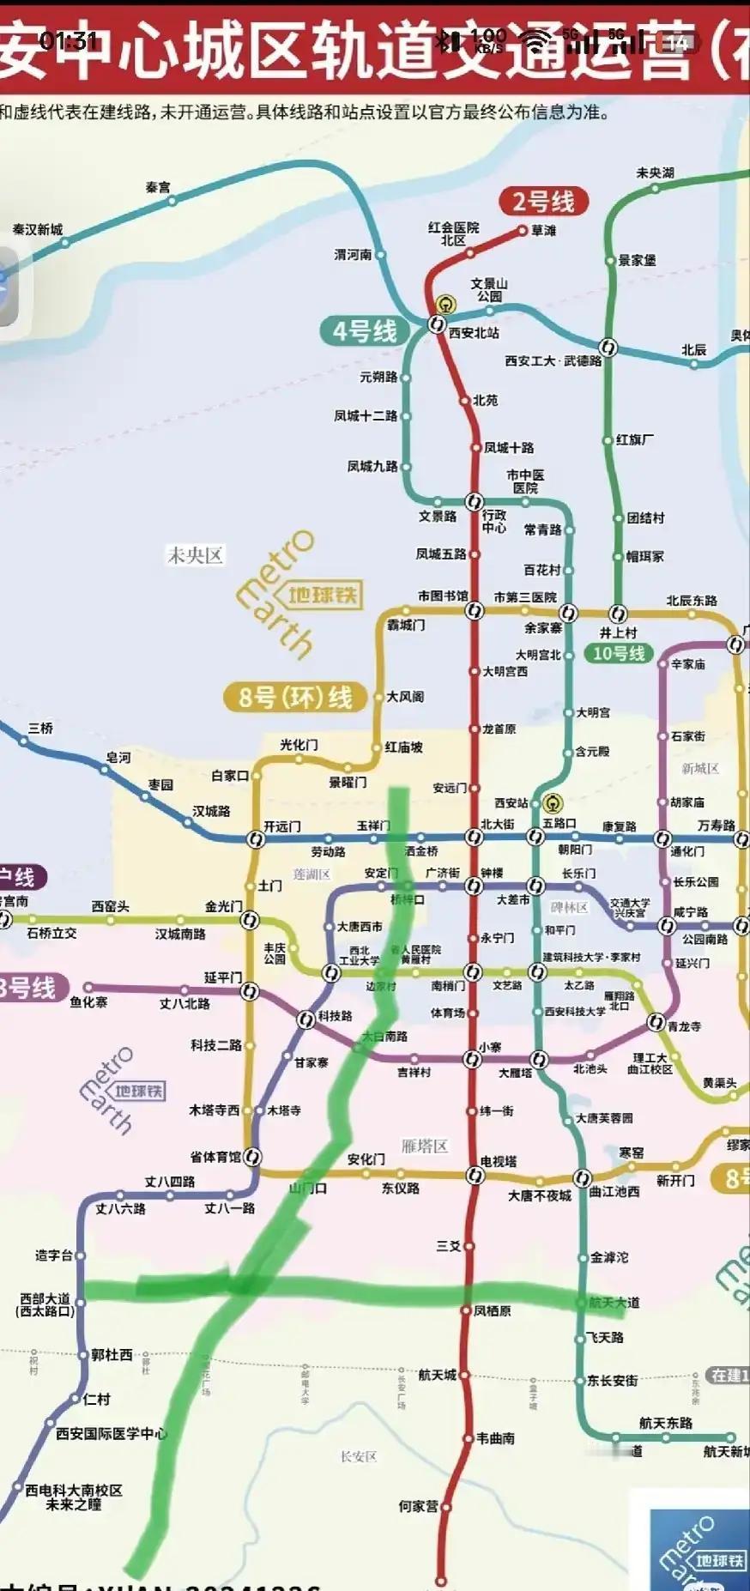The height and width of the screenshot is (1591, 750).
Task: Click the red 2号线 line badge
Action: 543,202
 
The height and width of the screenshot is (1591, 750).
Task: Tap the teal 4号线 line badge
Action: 365,330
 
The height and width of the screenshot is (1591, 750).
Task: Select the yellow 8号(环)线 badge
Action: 295,697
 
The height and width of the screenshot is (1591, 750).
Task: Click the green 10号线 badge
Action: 619,653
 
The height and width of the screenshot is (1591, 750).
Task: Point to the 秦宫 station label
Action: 158,186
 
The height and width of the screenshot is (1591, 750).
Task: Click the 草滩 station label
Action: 544,230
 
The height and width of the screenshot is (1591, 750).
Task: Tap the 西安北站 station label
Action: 474,333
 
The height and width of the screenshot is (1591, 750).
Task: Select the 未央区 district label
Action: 196,555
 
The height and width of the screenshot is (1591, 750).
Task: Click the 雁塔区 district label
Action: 425,1146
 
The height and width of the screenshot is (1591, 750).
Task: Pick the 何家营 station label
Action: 418,1505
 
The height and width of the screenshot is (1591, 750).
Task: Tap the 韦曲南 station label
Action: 496,1437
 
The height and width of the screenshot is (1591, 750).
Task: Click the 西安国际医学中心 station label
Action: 112,1433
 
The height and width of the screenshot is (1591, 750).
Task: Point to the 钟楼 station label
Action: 492,873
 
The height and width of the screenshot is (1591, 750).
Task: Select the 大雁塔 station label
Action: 515,1072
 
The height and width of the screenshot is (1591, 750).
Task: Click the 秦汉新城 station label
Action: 38,229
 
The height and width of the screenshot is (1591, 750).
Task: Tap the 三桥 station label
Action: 40,728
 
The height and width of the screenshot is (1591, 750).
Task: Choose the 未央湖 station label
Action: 655,172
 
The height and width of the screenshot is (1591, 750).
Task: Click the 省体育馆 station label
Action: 215,1157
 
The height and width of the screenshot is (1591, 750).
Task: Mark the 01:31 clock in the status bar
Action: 68,40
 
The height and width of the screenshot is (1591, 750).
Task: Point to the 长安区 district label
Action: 359,1456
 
